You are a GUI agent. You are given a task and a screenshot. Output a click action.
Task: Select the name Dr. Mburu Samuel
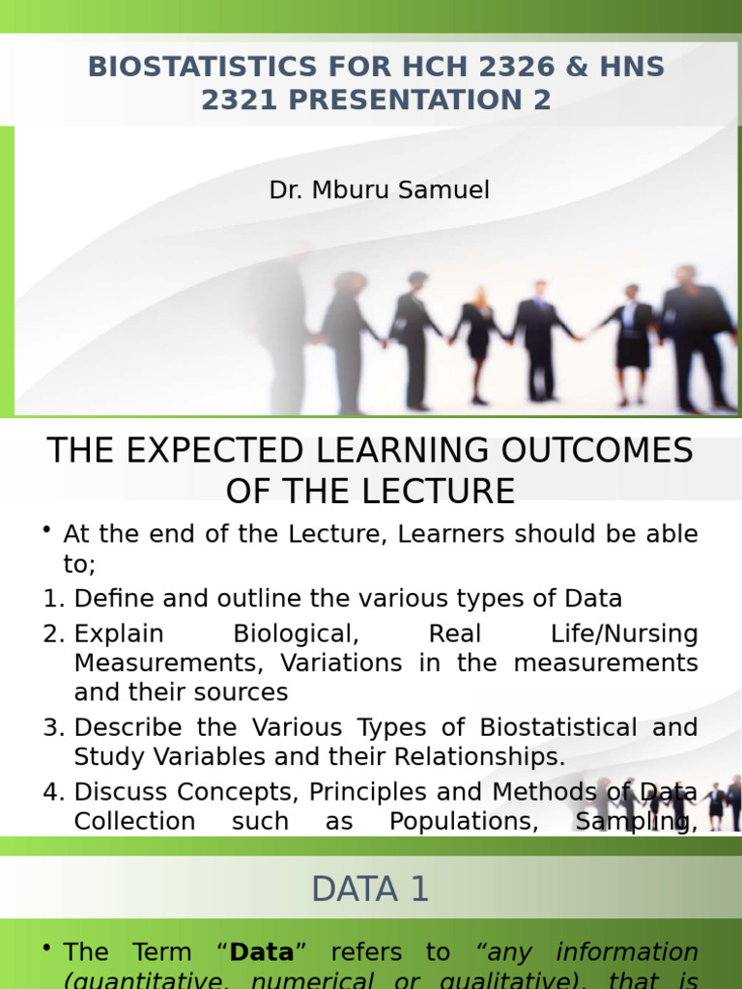(x=379, y=190)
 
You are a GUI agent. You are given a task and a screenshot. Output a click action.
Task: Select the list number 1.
(x=52, y=598)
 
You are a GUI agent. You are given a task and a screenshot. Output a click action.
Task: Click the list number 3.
(x=52, y=727)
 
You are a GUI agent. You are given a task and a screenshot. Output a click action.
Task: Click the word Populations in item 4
(x=453, y=821)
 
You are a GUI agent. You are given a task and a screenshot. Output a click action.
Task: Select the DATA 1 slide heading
(x=370, y=890)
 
